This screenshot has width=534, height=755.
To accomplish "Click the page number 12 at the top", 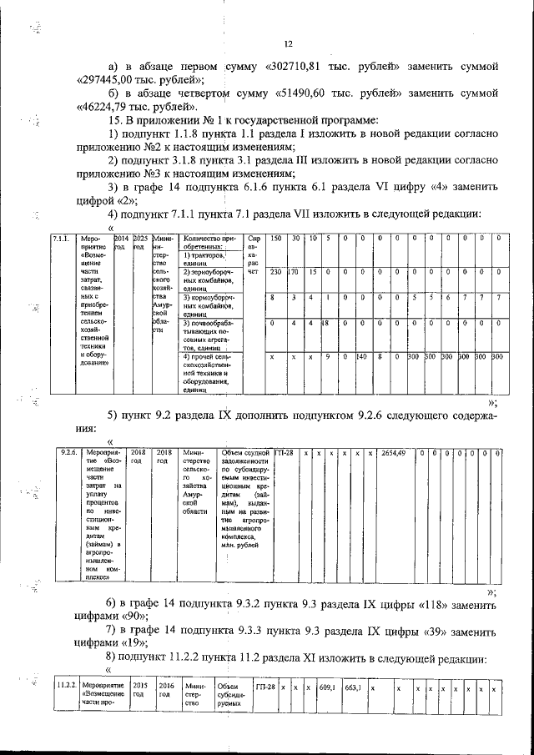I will [288, 44].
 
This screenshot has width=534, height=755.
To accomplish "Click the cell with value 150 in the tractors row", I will [276, 239].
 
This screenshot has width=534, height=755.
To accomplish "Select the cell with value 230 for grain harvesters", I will [276, 272].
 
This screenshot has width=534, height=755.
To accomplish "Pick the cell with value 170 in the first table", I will [294, 272].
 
